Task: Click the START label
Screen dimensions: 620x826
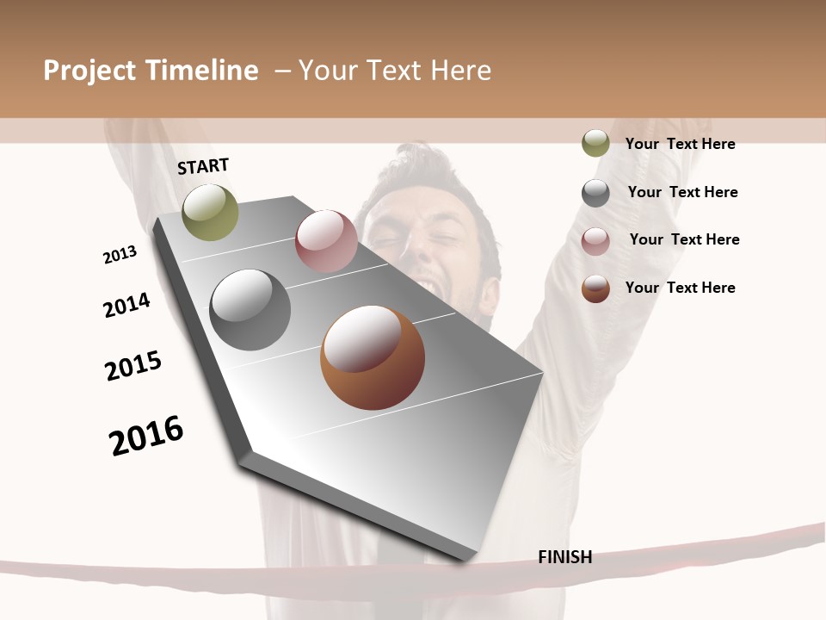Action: pyautogui.click(x=203, y=165)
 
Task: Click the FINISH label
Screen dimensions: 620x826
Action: pyautogui.click(x=564, y=557)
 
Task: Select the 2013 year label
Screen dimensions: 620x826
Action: pyautogui.click(x=120, y=255)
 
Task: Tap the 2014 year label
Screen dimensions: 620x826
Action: pyautogui.click(x=126, y=305)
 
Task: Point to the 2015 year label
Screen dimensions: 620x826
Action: pyautogui.click(x=133, y=366)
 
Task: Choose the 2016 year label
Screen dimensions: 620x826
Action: pyautogui.click(x=146, y=435)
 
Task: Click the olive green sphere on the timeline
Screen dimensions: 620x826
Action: pyautogui.click(x=210, y=212)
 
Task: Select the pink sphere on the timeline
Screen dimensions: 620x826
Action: pyautogui.click(x=326, y=241)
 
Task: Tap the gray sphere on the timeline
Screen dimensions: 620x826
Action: pyautogui.click(x=250, y=310)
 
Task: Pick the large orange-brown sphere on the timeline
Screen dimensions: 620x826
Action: pyautogui.click(x=373, y=357)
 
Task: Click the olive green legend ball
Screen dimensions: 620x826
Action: pyautogui.click(x=595, y=143)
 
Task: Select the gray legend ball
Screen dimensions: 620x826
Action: pyautogui.click(x=595, y=193)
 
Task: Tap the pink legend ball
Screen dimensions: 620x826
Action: pyautogui.click(x=595, y=241)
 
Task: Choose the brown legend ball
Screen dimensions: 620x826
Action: pyautogui.click(x=595, y=288)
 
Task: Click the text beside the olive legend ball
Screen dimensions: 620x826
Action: pyautogui.click(x=680, y=144)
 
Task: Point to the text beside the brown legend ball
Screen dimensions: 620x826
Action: pyautogui.click(x=680, y=288)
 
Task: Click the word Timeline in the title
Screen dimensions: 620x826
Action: pyautogui.click(x=201, y=71)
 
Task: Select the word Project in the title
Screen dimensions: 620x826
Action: pyautogui.click(x=89, y=71)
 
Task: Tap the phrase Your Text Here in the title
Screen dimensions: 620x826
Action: pyautogui.click(x=395, y=71)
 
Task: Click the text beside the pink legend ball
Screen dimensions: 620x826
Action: pyautogui.click(x=684, y=239)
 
